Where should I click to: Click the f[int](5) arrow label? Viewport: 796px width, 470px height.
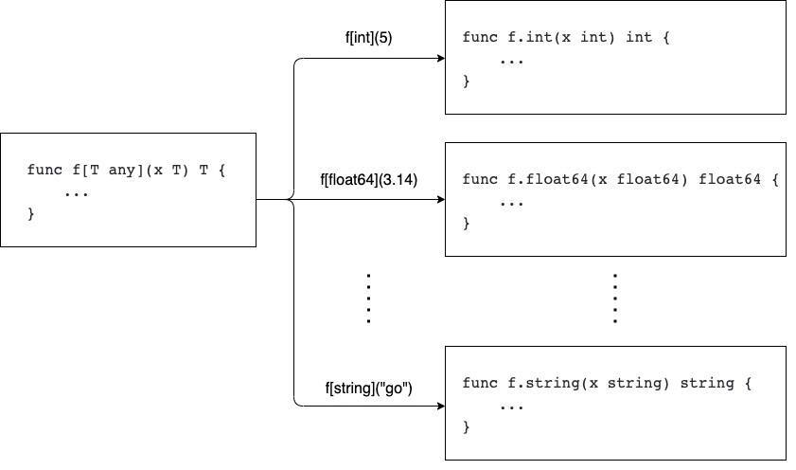(x=368, y=39)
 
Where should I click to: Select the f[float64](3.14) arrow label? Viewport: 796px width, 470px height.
(x=369, y=180)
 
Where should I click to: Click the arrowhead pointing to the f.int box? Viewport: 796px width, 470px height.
(x=439, y=59)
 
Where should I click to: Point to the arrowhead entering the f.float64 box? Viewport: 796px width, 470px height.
(x=439, y=200)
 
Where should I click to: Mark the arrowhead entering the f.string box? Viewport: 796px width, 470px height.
(x=439, y=407)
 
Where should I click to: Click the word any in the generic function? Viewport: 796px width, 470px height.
(x=123, y=171)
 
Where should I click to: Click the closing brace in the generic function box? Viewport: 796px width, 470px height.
(x=31, y=215)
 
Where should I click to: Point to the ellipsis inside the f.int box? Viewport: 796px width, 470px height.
(x=510, y=60)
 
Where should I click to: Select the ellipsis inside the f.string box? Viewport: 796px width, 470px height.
(x=510, y=406)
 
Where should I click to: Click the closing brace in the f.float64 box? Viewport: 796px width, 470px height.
(x=466, y=224)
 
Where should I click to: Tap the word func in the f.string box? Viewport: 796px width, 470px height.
(x=478, y=384)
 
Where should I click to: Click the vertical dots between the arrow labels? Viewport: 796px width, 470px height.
(x=368, y=299)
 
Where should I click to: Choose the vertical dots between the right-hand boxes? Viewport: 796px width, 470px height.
(x=614, y=299)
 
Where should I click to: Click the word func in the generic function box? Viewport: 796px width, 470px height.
(x=44, y=171)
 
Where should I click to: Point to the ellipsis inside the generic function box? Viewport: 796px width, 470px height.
(x=76, y=193)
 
